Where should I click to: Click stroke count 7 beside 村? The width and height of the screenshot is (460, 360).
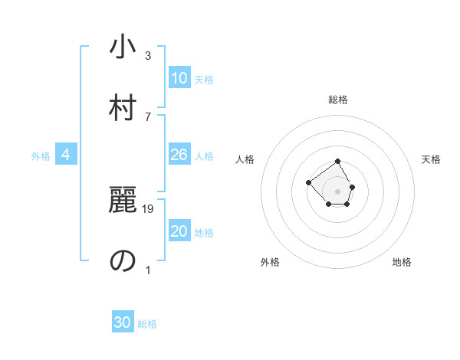tap(148, 116)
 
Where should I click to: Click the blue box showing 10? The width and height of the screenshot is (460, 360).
tap(179, 78)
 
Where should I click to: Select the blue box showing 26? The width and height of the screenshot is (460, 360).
tap(179, 155)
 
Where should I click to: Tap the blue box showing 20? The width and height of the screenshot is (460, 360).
tap(179, 231)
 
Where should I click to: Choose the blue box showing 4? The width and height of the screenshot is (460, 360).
tap(66, 155)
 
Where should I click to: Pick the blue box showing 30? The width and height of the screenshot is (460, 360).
tap(123, 322)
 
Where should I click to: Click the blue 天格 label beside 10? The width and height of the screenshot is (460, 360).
tap(204, 80)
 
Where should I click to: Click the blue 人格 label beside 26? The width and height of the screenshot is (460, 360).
tap(204, 156)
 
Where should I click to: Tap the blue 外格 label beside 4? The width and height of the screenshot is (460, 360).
tap(41, 156)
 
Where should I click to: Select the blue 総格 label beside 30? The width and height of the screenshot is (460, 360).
tap(147, 324)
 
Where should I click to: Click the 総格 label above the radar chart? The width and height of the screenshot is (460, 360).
tap(338, 100)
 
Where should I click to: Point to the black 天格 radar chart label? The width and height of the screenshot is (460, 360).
tap(432, 159)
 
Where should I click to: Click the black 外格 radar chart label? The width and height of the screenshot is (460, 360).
tap(270, 262)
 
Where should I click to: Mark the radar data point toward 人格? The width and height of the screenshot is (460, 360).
tap(308, 182)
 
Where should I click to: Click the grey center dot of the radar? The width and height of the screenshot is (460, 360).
tap(338, 191)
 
